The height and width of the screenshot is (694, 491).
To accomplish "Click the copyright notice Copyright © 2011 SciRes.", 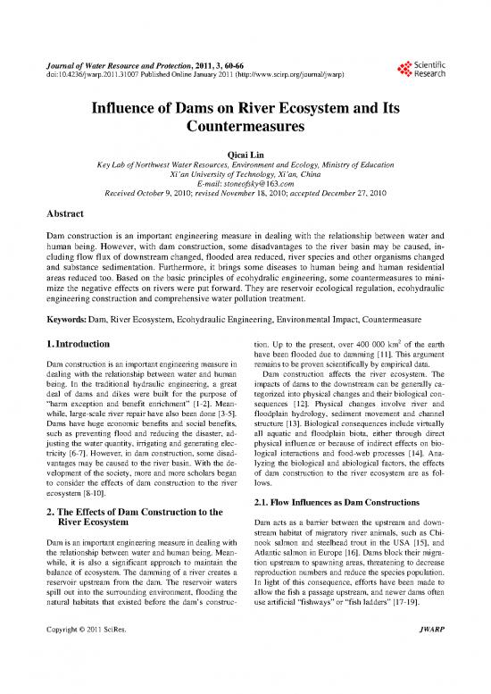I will click(93, 662).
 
